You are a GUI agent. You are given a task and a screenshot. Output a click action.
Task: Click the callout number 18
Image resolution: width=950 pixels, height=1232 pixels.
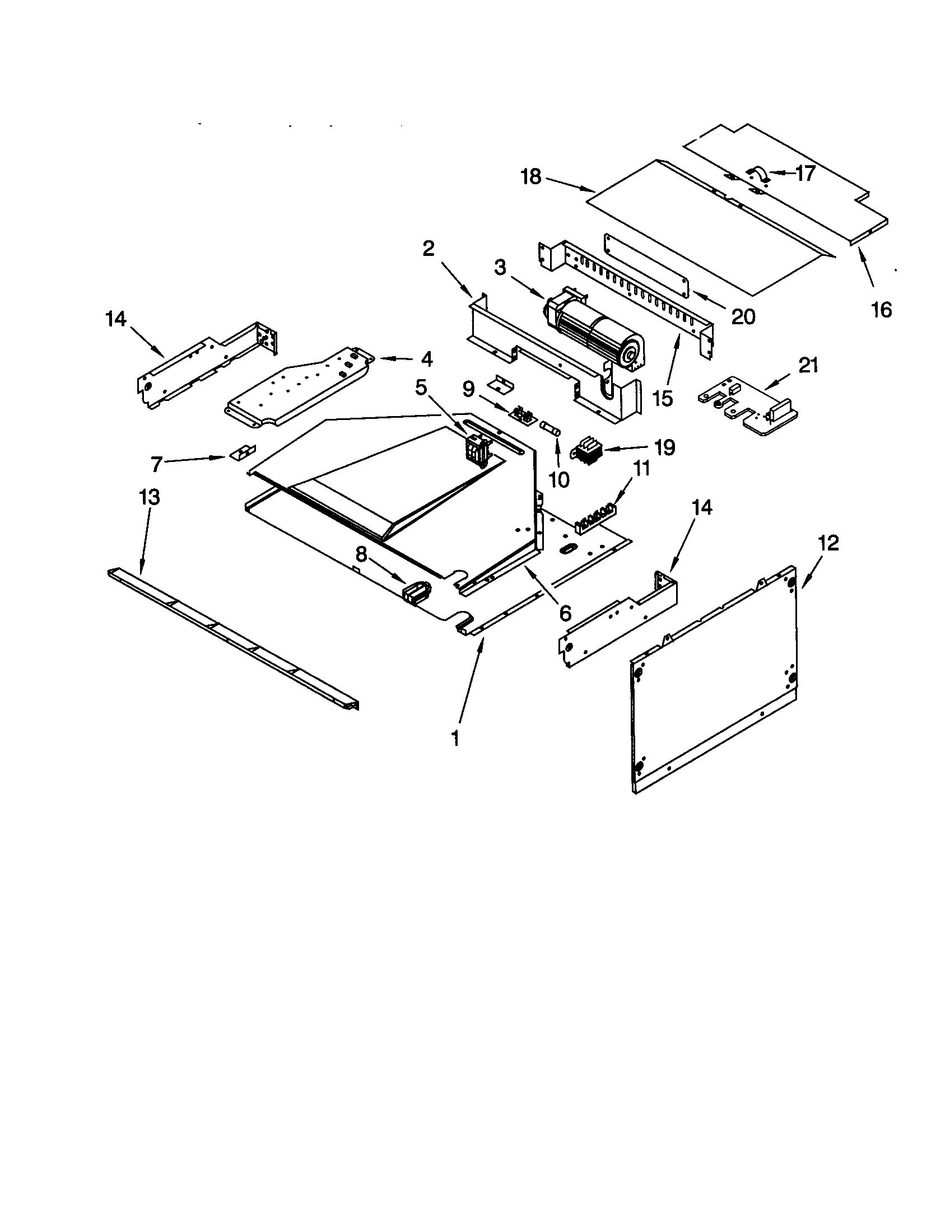click(531, 177)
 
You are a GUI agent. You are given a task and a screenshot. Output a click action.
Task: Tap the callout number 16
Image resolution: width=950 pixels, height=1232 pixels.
click(881, 309)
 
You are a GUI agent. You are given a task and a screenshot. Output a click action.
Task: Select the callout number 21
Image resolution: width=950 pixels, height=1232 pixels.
click(808, 366)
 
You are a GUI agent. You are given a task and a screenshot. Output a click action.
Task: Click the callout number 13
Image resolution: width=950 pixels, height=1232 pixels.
click(150, 497)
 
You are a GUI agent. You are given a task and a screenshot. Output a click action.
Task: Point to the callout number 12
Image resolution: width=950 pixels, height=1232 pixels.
click(828, 543)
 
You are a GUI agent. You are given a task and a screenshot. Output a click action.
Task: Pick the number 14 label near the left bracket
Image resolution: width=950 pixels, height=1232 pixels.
click(115, 319)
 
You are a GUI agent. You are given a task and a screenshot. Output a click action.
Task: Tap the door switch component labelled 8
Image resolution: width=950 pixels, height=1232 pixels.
click(416, 593)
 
